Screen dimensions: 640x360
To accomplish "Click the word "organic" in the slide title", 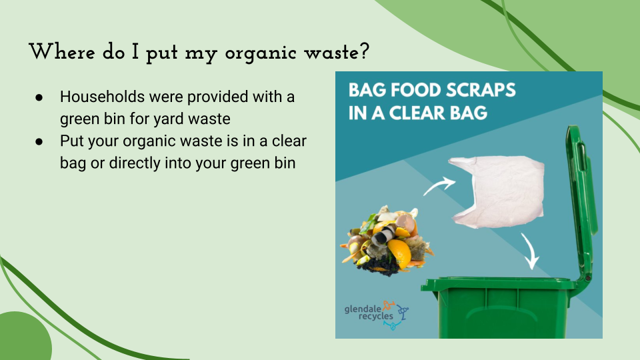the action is (261, 54).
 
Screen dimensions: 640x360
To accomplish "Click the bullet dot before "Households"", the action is (39, 97).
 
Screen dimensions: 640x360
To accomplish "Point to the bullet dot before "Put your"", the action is (39, 141).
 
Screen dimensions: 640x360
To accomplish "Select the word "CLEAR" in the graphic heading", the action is (417, 113).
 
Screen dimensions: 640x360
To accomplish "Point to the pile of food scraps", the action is (387, 241).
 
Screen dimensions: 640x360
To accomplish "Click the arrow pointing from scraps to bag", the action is (439, 186).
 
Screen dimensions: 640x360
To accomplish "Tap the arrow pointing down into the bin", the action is (530, 251).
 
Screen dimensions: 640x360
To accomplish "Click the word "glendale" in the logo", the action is (363, 309).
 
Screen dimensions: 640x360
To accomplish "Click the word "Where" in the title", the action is (62, 52).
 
